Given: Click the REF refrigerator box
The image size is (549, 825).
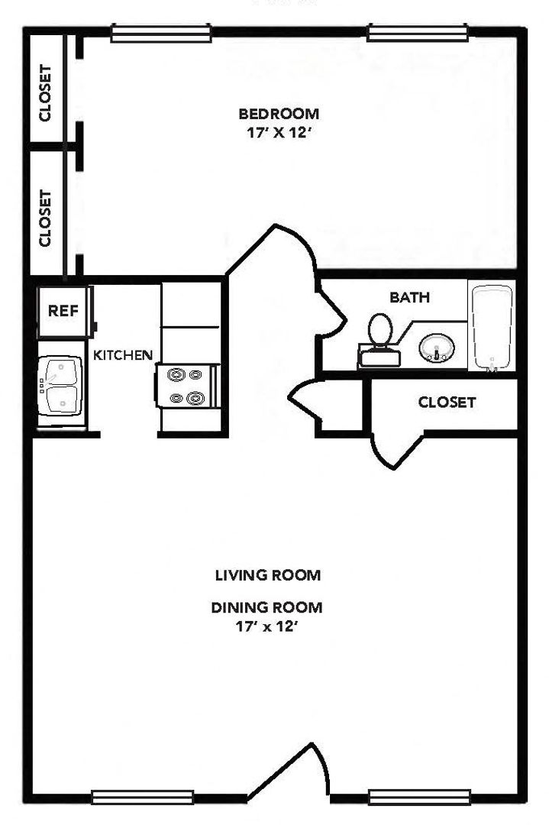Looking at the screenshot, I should coord(64,311).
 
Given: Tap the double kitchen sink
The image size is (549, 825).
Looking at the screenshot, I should coord(61,386).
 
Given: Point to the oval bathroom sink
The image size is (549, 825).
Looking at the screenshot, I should coord(437,349).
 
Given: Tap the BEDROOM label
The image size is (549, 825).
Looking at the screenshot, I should coord(279,115).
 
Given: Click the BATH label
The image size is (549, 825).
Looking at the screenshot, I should coord(410,297).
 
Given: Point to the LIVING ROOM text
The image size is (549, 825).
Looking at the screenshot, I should coord(267,574).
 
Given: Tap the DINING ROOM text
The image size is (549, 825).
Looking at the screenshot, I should coord(267,608).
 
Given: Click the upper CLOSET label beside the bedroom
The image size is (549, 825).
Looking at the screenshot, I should coord(46,93).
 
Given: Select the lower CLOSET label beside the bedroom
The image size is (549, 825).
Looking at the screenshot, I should coord(46,218).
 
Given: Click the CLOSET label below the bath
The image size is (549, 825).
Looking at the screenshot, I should coord(447,403).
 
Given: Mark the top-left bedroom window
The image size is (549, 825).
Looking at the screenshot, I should coord(160,32).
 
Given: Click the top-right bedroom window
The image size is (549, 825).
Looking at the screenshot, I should coord(417,32).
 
